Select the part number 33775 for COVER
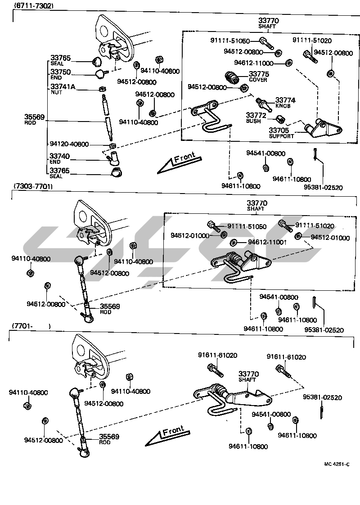259,74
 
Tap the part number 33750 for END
60,72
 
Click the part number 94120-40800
69,144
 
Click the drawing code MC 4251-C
337,464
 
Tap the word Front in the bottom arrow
173,430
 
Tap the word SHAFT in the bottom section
247,379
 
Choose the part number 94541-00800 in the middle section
279,297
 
